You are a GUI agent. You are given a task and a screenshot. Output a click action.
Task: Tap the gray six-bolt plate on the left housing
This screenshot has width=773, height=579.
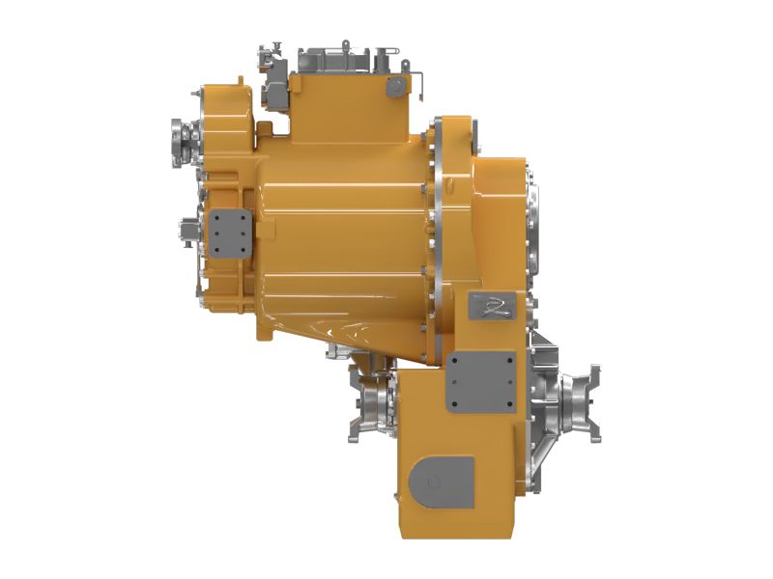pos(231,232)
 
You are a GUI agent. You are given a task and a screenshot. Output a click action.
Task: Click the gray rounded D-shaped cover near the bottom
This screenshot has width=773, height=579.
pos(441,480)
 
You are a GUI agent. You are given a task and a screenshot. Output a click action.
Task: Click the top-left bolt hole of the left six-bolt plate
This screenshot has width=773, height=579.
pos(217,217)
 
